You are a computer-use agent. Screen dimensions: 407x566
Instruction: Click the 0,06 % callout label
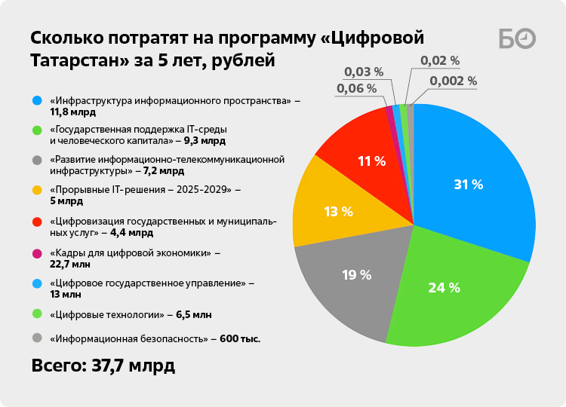click(x=355, y=89)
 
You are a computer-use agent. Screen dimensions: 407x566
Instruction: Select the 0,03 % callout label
click(x=364, y=72)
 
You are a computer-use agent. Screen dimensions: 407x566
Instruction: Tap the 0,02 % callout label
click(x=440, y=61)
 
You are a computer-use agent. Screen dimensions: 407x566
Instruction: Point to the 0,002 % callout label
click(x=453, y=81)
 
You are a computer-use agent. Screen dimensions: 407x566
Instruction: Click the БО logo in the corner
click(x=518, y=38)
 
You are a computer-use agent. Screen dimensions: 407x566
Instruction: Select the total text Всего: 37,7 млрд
click(x=103, y=366)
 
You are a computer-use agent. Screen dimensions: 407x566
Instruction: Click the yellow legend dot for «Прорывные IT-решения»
click(x=37, y=190)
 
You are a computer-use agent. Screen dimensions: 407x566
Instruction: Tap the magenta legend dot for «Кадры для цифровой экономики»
click(x=37, y=252)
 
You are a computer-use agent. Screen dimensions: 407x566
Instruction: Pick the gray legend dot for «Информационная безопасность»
click(x=37, y=338)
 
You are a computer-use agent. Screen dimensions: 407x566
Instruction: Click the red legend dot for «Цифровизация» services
click(x=37, y=222)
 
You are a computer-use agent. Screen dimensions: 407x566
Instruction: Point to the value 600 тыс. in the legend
click(x=240, y=339)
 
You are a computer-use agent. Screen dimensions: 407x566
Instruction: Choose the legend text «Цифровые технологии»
click(x=106, y=314)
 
